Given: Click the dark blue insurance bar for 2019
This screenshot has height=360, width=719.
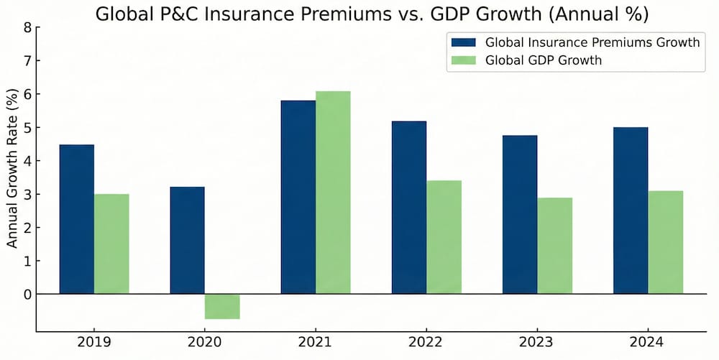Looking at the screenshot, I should (76, 219).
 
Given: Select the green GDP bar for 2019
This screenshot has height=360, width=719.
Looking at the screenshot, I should (111, 244).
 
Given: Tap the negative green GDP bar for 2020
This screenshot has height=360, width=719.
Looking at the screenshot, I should (222, 306).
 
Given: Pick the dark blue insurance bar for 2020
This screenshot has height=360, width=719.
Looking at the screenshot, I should (187, 240).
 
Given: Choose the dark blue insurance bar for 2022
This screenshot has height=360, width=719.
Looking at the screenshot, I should (408, 208).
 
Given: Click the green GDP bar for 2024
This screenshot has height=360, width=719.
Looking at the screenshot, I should (665, 242).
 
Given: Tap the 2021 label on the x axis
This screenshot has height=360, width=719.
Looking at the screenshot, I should (316, 343).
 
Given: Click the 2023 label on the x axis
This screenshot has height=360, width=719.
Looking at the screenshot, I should (537, 343).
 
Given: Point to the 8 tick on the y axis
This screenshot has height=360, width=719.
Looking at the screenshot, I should (28, 28).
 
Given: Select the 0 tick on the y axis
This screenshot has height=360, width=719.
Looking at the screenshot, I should (28, 294).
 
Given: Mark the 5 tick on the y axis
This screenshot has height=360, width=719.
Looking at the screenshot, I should (28, 128).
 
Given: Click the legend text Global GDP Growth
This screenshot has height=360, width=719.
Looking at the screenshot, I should (544, 60).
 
